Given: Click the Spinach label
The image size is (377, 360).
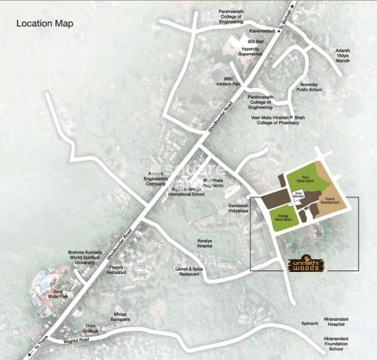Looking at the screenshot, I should click(x=289, y=323).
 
